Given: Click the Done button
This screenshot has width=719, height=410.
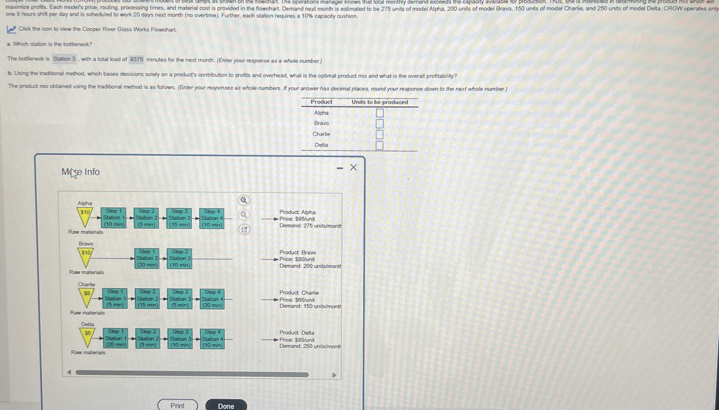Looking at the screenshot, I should (x=226, y=406).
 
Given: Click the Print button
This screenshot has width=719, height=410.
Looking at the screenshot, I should (x=178, y=405).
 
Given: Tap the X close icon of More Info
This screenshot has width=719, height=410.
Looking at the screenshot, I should (x=353, y=167).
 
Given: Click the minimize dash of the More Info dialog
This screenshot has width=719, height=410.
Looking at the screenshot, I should (x=340, y=168).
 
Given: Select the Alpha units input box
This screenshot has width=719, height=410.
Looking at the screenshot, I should (x=380, y=113).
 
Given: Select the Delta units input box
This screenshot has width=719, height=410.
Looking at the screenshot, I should (x=379, y=145).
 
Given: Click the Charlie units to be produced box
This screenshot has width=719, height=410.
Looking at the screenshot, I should (x=379, y=135).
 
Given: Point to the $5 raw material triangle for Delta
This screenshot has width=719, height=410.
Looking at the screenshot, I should (x=87, y=336).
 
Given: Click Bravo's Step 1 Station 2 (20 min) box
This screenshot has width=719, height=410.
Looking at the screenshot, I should (x=147, y=258).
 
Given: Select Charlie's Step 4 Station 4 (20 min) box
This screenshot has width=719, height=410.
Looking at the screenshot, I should (x=212, y=299).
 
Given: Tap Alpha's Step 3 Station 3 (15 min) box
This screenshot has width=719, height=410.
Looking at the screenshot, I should (x=179, y=218).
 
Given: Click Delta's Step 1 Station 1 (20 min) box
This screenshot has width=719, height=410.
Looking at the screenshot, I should (x=116, y=338).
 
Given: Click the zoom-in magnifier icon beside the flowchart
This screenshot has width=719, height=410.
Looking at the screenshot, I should (x=244, y=201).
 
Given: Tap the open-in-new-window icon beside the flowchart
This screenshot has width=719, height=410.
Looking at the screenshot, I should (x=244, y=229).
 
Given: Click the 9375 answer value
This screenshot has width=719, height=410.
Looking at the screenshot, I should (x=136, y=59).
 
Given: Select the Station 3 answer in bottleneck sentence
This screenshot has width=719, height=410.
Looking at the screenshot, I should (x=64, y=59).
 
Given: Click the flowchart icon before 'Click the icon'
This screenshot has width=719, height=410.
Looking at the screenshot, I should (x=11, y=30).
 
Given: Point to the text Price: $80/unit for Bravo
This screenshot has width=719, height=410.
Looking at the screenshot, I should (x=297, y=259).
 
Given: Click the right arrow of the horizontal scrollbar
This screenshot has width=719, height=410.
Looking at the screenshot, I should (x=334, y=375).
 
